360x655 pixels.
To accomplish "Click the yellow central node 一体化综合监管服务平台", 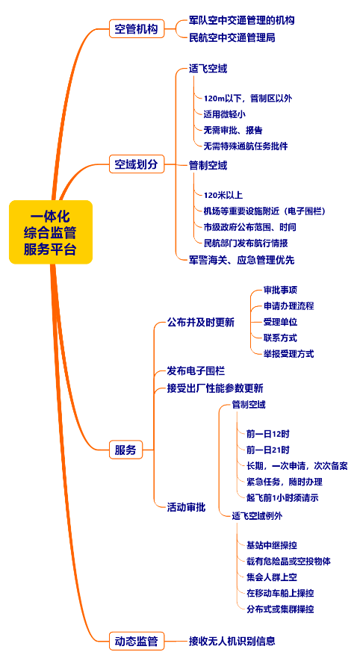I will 51,232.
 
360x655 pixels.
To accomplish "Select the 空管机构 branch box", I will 136,30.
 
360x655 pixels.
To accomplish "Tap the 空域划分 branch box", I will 136,164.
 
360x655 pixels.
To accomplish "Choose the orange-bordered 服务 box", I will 125,450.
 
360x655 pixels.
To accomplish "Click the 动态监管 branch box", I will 136,641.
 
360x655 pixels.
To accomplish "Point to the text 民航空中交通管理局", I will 232,37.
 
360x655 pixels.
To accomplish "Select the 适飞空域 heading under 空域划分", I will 208,69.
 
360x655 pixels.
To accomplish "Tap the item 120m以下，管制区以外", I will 247,98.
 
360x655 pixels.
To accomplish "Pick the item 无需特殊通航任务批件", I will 245,146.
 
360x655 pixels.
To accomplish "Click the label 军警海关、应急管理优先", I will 241,260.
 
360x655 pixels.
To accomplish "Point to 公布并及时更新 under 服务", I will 200,323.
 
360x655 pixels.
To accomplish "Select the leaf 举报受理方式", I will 288,354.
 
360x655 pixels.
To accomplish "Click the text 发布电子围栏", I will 196,370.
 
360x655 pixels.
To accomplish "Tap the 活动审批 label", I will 186,506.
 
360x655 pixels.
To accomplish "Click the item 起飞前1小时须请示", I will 282,497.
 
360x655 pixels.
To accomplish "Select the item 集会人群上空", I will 271,577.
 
